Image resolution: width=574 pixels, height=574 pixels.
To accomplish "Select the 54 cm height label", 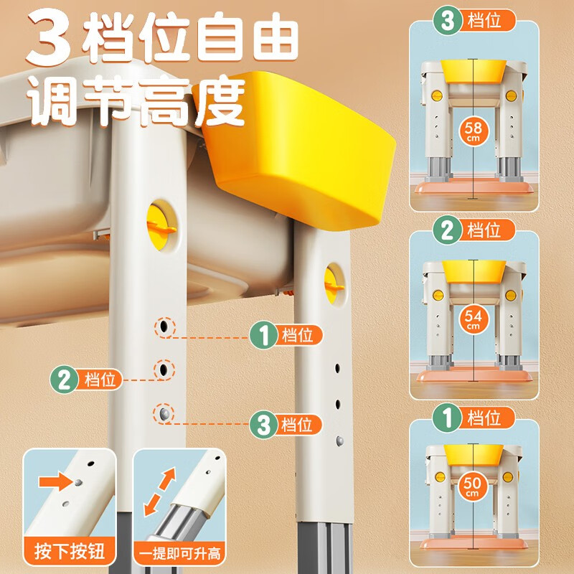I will coord(473,319).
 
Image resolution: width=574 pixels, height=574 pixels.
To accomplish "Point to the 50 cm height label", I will coord(472,486).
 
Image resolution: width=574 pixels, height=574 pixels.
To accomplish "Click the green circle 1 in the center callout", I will coord(263,335).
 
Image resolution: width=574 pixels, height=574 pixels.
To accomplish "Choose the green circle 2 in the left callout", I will coord(65,378).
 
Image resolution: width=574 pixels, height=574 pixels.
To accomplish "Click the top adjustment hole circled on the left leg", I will coord(164,326).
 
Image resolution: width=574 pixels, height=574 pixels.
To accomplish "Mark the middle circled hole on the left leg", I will coord(165,370).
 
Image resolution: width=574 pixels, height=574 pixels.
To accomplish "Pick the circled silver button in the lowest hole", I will coord(165,413).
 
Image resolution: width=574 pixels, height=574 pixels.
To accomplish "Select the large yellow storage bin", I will coord(301,165).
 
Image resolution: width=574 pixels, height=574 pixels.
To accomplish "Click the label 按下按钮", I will coord(70,552).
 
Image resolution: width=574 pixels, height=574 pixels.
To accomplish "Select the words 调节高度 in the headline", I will coord(136,100).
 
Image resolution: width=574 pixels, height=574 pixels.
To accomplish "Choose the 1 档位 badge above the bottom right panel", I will coord(474,417).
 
